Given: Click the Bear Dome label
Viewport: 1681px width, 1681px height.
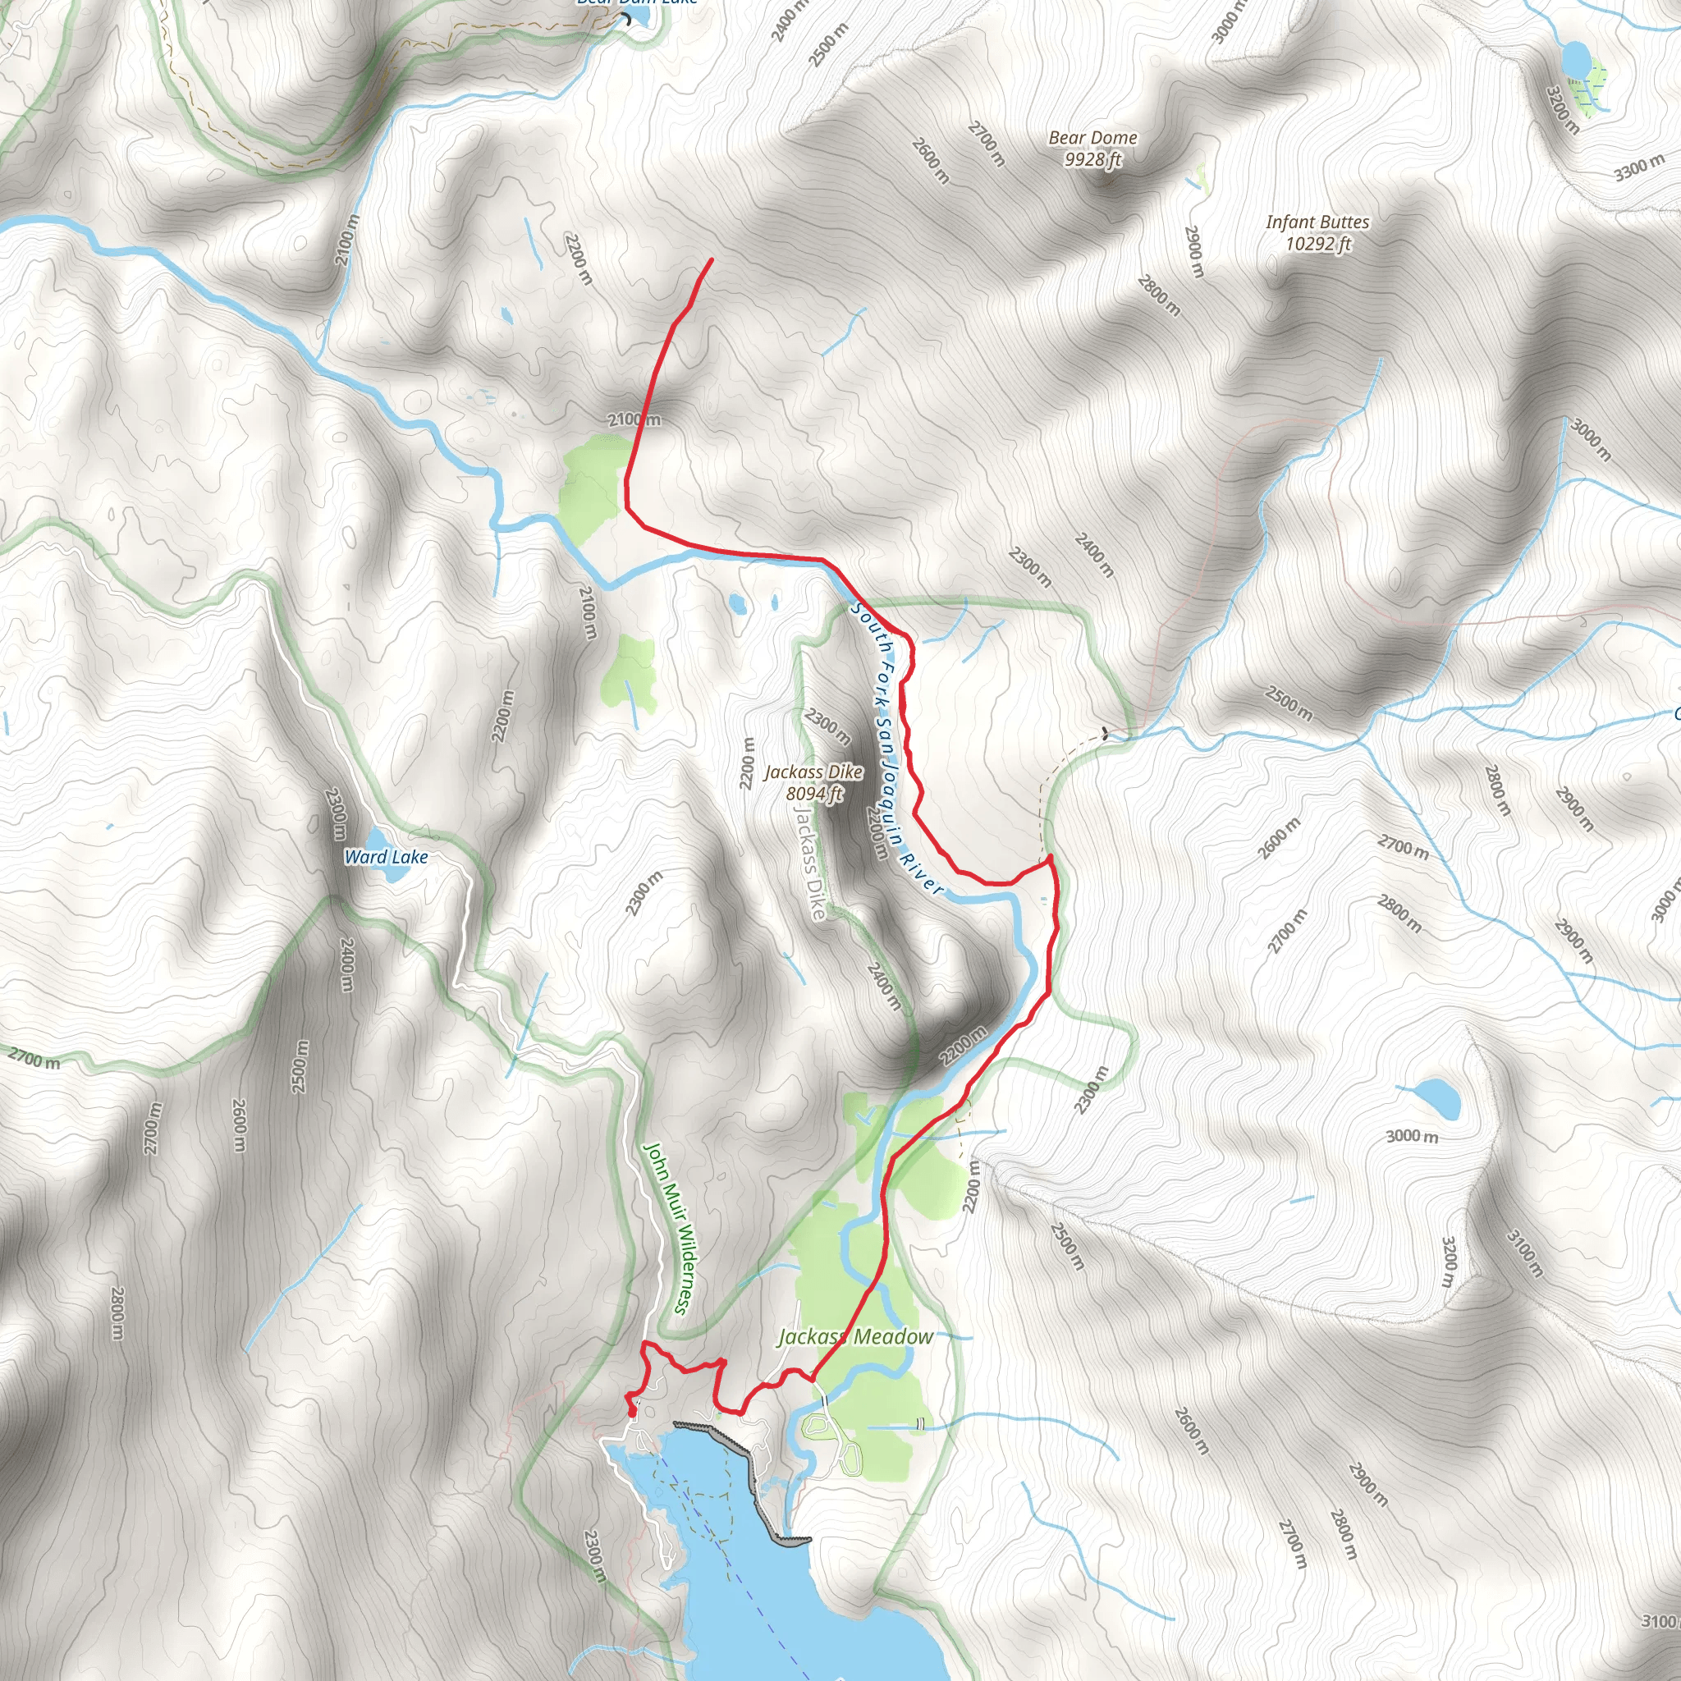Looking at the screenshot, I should (1092, 137).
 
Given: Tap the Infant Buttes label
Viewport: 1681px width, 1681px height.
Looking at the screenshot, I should (1317, 222).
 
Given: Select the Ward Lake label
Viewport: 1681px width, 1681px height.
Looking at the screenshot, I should (386, 857).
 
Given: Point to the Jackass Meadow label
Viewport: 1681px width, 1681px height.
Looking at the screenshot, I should (855, 1336).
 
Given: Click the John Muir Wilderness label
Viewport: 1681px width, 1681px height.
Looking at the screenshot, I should (667, 1228).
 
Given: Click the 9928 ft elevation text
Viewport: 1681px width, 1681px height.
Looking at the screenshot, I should (1092, 159).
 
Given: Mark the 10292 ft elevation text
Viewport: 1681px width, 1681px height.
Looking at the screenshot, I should (1318, 244).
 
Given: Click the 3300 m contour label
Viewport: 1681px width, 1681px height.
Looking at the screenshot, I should (1639, 167).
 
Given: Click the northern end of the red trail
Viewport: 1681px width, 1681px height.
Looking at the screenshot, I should (712, 259).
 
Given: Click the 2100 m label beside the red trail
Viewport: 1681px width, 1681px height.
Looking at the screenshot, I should (634, 419).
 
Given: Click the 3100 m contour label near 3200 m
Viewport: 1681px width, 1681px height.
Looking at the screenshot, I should (1525, 1253).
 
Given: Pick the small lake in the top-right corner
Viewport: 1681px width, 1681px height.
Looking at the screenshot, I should (1576, 59).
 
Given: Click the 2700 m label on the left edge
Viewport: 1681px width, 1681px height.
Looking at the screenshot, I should (34, 1059).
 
